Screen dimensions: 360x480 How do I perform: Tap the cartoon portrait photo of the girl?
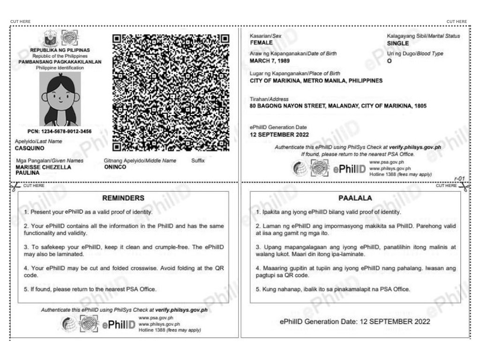(x=60, y=98)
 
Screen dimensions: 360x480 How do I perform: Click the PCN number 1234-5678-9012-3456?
(x=60, y=132)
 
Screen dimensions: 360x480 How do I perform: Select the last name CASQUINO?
(x=30, y=149)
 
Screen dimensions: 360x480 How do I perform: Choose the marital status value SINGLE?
(x=398, y=43)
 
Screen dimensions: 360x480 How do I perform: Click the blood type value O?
(x=389, y=60)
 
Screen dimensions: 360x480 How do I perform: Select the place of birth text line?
(x=316, y=80)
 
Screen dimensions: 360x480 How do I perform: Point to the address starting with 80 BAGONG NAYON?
(x=339, y=106)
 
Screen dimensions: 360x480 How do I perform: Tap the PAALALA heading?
(x=355, y=198)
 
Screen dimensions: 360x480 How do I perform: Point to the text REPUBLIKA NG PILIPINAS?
(x=60, y=50)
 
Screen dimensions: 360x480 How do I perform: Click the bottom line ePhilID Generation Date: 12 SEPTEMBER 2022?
(x=355, y=322)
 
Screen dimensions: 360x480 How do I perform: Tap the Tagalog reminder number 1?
(x=328, y=212)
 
